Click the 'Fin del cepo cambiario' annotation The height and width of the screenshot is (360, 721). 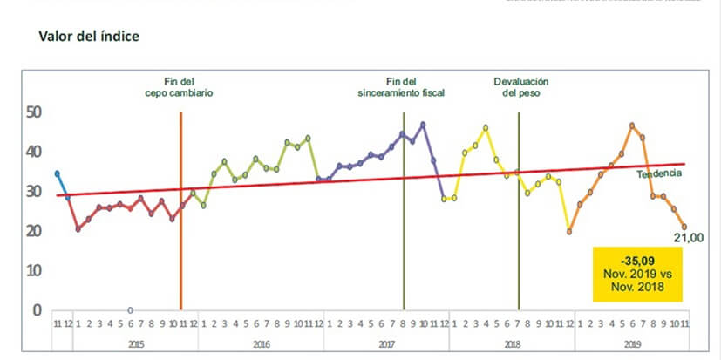(x=179, y=85)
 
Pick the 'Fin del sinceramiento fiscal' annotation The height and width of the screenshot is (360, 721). (x=402, y=85)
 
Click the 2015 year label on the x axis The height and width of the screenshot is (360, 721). (x=136, y=344)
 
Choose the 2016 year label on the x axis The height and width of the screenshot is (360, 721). (x=262, y=344)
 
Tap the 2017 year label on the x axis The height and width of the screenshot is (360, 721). (x=386, y=344)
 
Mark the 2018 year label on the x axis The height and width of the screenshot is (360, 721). (x=512, y=344)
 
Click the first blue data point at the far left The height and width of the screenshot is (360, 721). (x=58, y=173)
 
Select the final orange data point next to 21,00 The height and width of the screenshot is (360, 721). (x=684, y=227)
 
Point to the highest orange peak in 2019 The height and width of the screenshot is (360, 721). (x=632, y=126)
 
